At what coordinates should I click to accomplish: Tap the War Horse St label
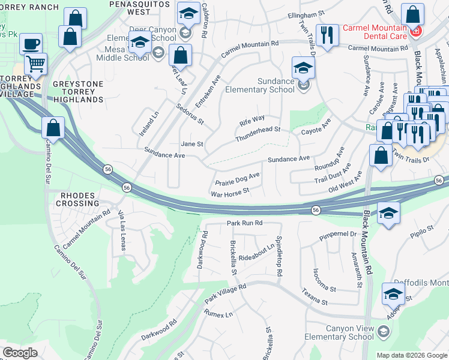click(x=230, y=194)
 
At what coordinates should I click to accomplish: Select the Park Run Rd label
click(x=245, y=223)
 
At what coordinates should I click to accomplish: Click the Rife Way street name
click(x=252, y=119)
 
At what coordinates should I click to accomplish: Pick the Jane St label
click(x=192, y=144)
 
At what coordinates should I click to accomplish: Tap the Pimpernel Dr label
click(x=339, y=234)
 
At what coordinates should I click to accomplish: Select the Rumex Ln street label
click(x=218, y=314)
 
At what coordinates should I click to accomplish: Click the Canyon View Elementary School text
click(x=349, y=332)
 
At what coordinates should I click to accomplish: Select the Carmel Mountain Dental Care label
click(x=375, y=32)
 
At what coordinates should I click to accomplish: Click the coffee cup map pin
click(x=31, y=44)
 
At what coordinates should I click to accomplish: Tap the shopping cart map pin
click(x=36, y=63)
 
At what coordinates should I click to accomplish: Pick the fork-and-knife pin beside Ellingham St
click(x=327, y=34)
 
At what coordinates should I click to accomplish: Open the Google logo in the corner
click(x=20, y=353)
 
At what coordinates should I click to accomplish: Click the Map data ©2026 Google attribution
click(x=411, y=355)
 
